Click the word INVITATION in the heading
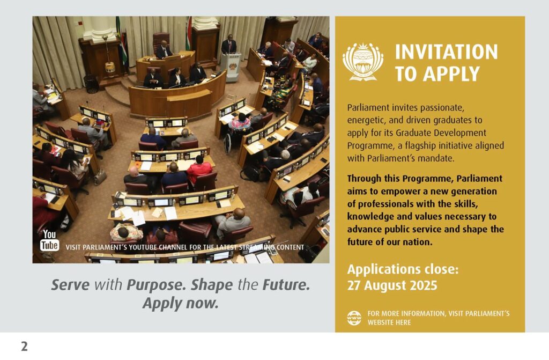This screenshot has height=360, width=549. pyautogui.click(x=447, y=52)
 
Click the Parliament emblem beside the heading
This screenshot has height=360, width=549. pyautogui.click(x=363, y=62)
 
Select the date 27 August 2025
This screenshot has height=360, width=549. pyautogui.click(x=392, y=285)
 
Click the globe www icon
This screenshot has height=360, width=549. pyautogui.click(x=354, y=318)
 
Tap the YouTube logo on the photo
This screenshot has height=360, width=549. pyautogui.click(x=49, y=240)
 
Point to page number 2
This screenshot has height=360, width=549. pyautogui.click(x=24, y=346)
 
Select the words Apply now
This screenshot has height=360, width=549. pyautogui.click(x=180, y=303)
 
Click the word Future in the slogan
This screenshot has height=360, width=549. pyautogui.click(x=286, y=285)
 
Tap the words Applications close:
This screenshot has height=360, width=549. pyautogui.click(x=403, y=269)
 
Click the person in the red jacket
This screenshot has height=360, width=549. pyautogui.click(x=199, y=170)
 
